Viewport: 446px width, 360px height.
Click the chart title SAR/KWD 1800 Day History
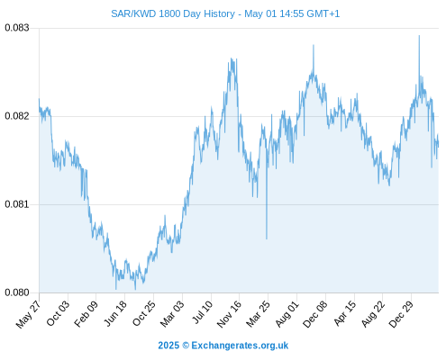coord(173,13)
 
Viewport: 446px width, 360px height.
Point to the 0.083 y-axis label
coord(17,28)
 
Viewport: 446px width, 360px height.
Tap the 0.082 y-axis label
coord(17,116)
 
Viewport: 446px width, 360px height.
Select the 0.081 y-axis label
coord(17,204)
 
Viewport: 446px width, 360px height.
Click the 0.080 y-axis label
coord(17,292)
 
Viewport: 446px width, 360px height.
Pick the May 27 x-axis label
coord(28,314)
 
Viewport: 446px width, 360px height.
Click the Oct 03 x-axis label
coord(58,313)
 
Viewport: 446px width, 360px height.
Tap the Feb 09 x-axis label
coord(86,314)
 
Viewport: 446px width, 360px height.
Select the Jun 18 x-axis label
coord(115,313)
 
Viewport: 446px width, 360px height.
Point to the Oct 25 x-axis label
coord(144,313)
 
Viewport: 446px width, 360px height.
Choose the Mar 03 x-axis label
coord(172,314)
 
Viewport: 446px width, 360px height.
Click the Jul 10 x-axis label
coord(203,312)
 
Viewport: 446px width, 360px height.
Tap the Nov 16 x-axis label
coord(229,314)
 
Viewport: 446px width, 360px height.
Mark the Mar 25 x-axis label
coord(258,314)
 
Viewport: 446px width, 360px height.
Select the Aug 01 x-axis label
coord(287,314)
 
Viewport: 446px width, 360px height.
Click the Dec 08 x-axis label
coord(315,314)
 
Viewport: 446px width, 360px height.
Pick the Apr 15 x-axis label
coord(345,313)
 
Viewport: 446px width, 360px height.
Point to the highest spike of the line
coord(419,36)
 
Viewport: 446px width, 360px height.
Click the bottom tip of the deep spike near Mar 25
coord(267,238)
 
